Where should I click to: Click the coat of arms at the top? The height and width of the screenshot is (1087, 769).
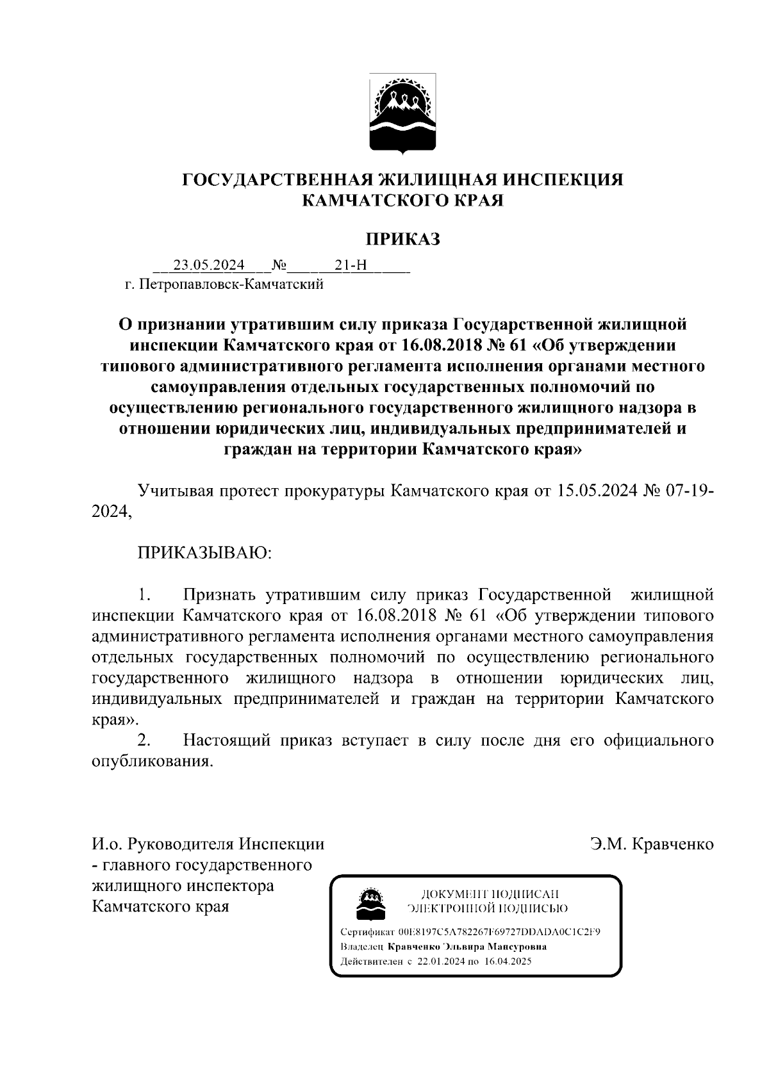point(402,113)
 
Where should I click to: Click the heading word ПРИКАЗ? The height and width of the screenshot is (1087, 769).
point(402,239)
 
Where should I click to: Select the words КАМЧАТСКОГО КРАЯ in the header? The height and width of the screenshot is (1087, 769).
point(402,200)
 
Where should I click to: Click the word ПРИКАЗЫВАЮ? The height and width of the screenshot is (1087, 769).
point(205,552)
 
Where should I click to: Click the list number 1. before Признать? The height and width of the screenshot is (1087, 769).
point(144,594)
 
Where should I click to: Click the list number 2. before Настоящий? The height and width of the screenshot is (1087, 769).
point(144,740)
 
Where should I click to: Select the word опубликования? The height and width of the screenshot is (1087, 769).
point(152,762)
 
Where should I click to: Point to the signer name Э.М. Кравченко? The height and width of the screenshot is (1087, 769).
point(652,844)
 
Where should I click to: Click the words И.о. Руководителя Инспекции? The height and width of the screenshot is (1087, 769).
point(208,844)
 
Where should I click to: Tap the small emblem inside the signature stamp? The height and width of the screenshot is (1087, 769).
point(370,902)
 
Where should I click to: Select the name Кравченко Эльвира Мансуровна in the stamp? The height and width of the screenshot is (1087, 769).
point(467,947)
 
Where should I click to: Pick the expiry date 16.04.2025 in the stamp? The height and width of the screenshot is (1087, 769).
point(508,961)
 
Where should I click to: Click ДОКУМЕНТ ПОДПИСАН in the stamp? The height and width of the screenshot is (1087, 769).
point(490,894)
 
